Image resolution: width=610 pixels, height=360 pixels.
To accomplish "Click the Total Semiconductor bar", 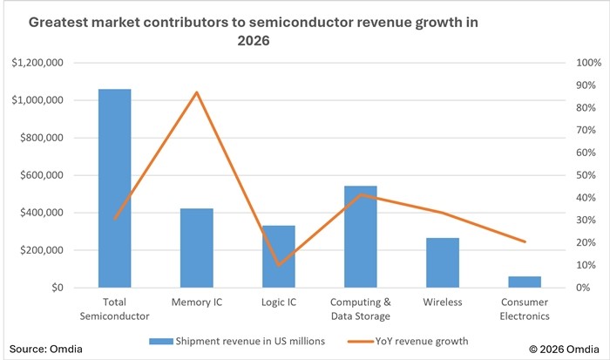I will (x=114, y=187).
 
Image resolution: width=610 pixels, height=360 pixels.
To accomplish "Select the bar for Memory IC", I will (x=197, y=248).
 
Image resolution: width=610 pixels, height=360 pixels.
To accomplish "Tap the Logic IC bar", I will (x=279, y=256).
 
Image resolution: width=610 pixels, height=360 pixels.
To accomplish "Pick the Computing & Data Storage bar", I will (x=361, y=236).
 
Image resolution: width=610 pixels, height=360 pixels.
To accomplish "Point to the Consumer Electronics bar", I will (x=525, y=282).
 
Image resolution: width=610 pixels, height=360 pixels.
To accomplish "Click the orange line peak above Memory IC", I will (x=197, y=92).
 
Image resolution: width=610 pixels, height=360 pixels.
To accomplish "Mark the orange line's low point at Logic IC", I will (x=279, y=264).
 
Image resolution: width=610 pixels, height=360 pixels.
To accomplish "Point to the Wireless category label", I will (x=443, y=302).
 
